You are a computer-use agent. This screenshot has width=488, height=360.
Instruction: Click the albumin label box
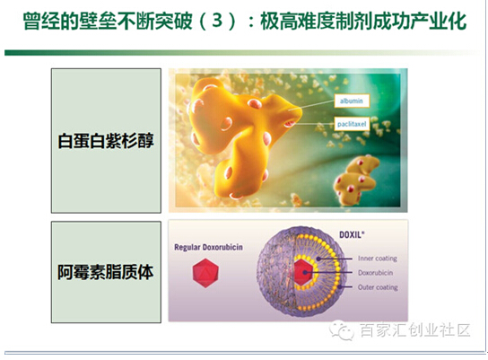point(352,101)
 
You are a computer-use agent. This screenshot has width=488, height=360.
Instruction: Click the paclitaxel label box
point(352,124)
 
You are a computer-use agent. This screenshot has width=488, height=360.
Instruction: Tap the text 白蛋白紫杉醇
point(106,141)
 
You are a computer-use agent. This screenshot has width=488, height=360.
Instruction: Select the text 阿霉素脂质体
point(106,272)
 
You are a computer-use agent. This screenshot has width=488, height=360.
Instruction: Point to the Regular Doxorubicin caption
point(208,247)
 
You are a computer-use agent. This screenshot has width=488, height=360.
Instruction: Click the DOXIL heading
point(352,234)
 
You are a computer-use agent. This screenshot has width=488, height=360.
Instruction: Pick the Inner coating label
point(377,259)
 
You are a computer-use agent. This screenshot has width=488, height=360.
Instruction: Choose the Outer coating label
point(378,286)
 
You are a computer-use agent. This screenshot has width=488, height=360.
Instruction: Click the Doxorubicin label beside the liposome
point(375,273)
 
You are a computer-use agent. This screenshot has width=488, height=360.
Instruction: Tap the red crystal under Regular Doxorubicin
point(205,273)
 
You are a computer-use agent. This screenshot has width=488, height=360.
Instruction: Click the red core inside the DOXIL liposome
point(303,272)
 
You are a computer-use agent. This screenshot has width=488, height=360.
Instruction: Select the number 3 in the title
point(217,21)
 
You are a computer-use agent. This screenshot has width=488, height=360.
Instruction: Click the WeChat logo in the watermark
point(342,330)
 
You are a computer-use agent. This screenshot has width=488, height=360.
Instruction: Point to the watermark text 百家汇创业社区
point(415,330)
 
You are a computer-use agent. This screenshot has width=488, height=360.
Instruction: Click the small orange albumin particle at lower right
point(356,180)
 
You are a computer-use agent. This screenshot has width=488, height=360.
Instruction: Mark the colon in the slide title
point(251,22)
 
